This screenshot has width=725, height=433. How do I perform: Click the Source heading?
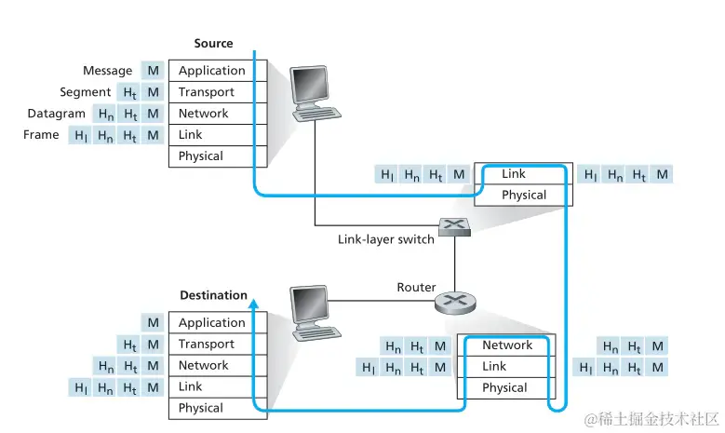[213, 44]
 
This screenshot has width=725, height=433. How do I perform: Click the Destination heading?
[213, 295]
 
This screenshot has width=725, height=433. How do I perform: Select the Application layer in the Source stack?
[212, 71]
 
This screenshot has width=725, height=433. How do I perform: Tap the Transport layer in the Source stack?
[207, 92]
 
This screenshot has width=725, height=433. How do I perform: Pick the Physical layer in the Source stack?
[201, 156]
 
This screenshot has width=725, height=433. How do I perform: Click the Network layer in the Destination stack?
[204, 366]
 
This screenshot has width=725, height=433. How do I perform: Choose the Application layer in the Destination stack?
[212, 323]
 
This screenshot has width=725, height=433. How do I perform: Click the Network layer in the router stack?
[507, 345]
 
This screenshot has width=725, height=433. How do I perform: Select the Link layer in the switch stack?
[514, 174]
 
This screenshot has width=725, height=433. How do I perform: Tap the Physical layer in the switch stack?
[524, 196]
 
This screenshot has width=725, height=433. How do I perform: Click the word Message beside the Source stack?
[108, 71]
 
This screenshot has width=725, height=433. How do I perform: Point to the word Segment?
[86, 92]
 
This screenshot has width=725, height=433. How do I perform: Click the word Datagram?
[57, 114]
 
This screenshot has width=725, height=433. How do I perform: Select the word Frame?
[41, 135]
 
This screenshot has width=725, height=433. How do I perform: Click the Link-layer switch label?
[385, 239]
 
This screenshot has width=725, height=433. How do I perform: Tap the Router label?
[416, 287]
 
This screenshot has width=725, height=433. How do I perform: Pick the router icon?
[455, 300]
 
